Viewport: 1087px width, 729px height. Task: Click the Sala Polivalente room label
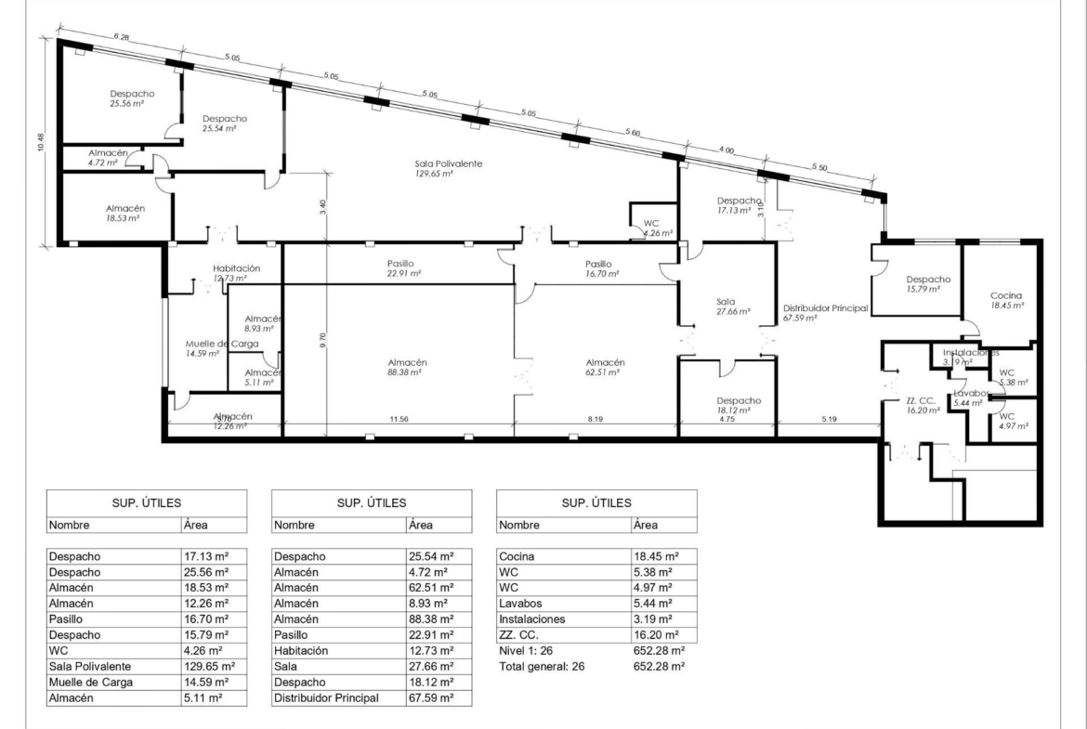point(449,163)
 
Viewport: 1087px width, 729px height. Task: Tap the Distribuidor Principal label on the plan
point(826,308)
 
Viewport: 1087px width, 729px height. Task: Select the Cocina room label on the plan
point(1006,295)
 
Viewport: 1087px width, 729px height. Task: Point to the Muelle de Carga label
point(222,344)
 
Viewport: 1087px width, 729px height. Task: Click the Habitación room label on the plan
point(236,268)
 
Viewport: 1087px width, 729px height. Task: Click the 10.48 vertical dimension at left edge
point(42,143)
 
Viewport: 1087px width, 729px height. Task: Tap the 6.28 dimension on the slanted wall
point(122,37)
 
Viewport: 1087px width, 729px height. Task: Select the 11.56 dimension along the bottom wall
point(399,419)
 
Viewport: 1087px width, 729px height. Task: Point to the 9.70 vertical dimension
point(322,340)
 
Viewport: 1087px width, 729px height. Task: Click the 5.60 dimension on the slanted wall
point(633,133)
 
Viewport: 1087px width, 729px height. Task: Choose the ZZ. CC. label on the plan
point(921,400)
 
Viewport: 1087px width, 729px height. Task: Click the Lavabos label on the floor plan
point(971,393)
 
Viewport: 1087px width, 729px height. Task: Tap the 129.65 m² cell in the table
point(209,667)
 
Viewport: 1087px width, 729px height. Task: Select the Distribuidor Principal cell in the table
point(326,697)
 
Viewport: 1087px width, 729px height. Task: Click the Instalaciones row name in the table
point(531,618)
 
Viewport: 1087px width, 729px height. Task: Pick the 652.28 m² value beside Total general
point(660,667)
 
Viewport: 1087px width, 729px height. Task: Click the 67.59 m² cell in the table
point(431,697)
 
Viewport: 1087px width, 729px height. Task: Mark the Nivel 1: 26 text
point(526,651)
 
